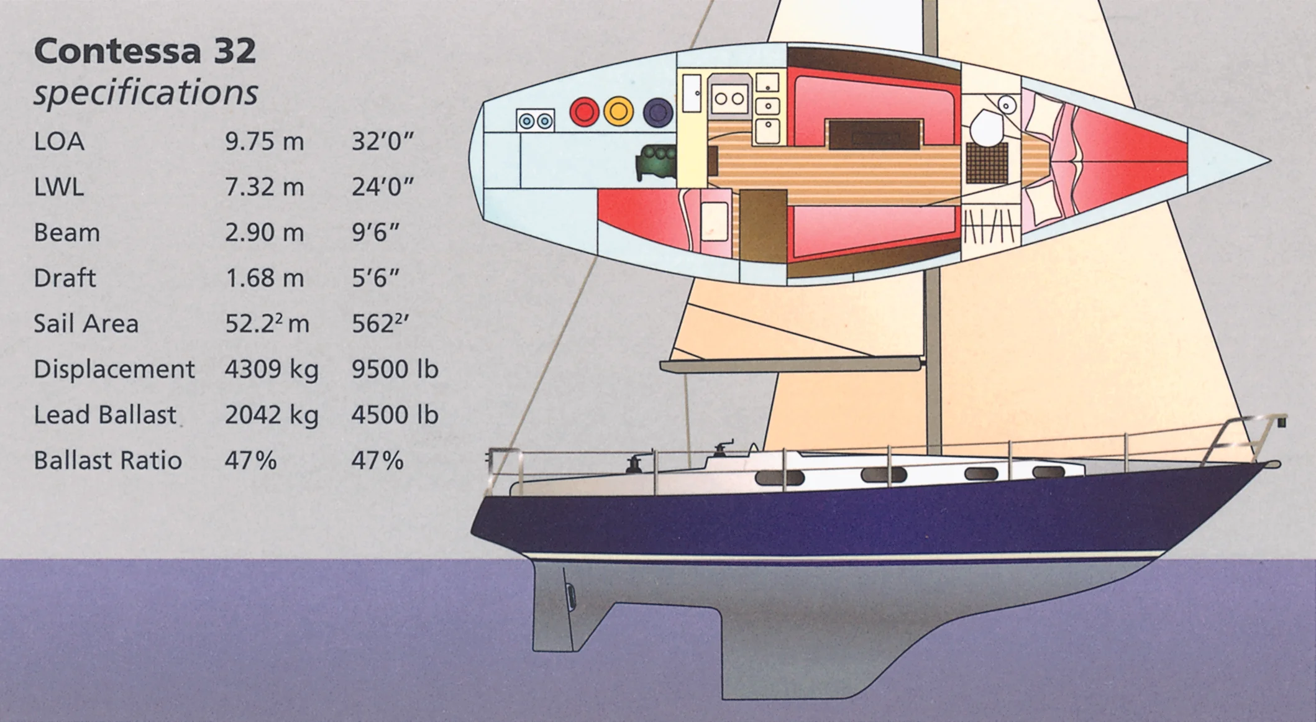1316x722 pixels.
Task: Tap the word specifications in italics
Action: click(145, 93)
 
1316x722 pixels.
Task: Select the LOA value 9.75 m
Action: click(264, 142)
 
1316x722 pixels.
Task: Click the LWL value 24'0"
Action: click(382, 187)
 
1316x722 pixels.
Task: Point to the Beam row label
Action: click(66, 232)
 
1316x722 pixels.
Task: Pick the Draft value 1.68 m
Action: click(264, 278)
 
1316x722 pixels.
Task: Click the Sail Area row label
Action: click(86, 323)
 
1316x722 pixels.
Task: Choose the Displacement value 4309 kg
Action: click(272, 369)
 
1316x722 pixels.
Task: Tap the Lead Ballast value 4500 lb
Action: click(395, 414)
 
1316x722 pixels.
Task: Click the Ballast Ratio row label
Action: click(107, 460)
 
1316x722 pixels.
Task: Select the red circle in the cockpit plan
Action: click(584, 112)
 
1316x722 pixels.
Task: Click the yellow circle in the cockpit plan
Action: click(618, 112)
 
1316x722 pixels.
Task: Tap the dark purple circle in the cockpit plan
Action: click(658, 112)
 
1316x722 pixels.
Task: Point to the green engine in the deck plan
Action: click(656, 162)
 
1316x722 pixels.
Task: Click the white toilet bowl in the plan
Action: click(984, 127)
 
